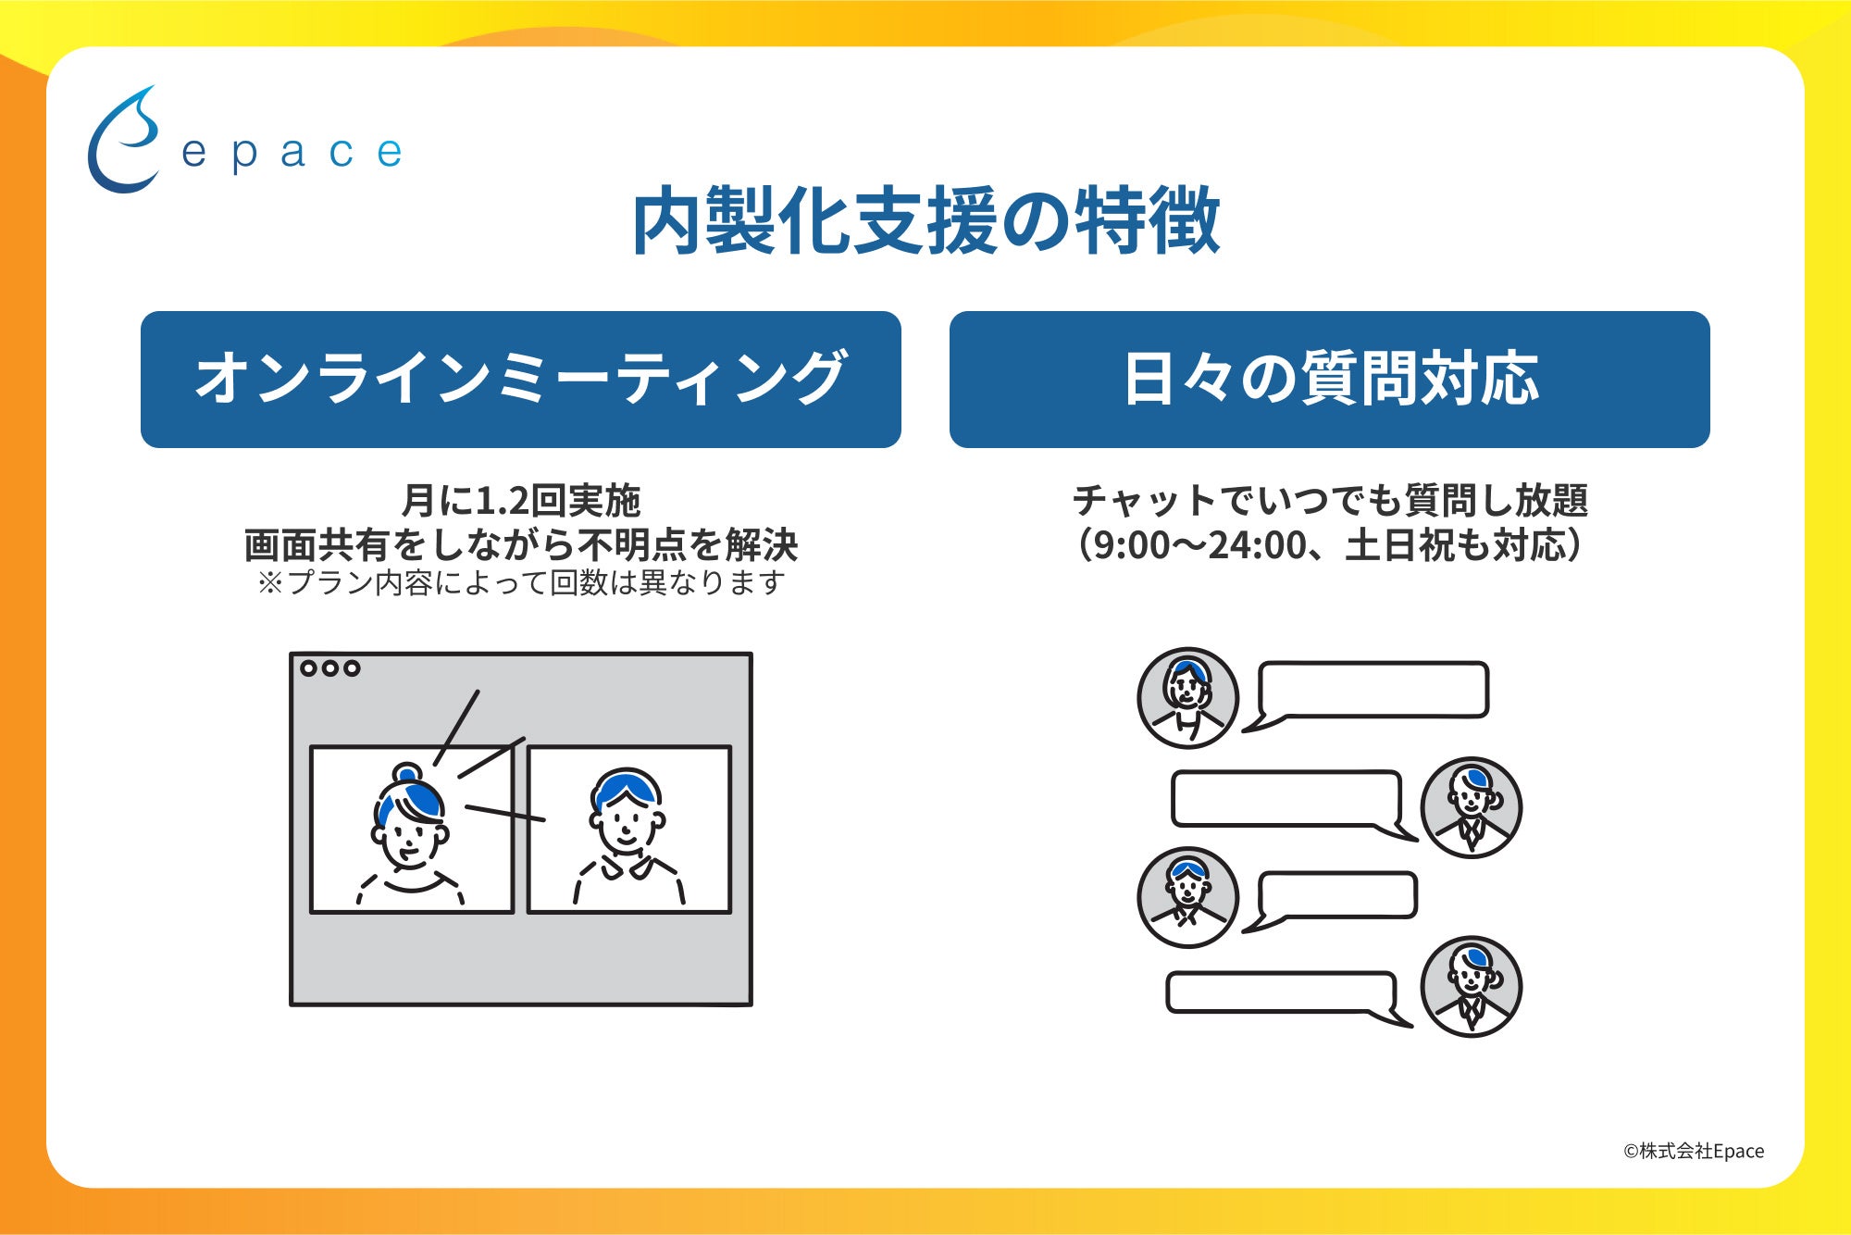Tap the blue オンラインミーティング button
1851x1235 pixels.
click(x=520, y=380)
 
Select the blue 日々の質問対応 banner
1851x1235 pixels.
click(x=1329, y=380)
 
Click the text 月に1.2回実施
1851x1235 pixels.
click(x=520, y=501)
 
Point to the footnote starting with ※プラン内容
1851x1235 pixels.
click(x=520, y=583)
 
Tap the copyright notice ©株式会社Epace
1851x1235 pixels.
click(x=1693, y=1151)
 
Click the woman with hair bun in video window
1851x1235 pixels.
click(x=410, y=833)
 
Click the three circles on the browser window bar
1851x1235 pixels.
click(x=329, y=668)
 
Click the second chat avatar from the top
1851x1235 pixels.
click(x=1471, y=807)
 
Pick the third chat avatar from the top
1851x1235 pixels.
click(x=1187, y=897)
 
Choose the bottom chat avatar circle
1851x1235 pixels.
click(x=1471, y=986)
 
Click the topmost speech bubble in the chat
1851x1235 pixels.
click(x=1373, y=691)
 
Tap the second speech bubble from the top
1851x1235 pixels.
click(x=1286, y=799)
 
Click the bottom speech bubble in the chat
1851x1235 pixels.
click(x=1281, y=992)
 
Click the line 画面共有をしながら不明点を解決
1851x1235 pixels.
click(x=520, y=545)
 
